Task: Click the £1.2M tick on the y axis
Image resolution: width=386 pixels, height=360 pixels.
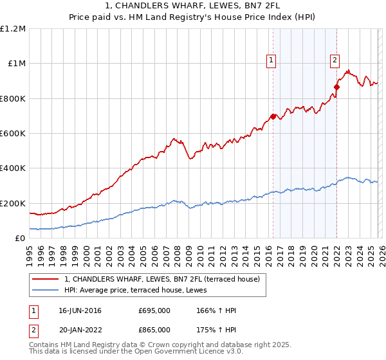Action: [x=13, y=29]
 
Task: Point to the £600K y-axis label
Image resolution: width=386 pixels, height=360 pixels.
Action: [x=13, y=134]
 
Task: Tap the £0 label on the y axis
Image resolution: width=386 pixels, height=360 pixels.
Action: [x=19, y=239]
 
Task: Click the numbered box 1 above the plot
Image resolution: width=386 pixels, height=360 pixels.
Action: [x=271, y=60]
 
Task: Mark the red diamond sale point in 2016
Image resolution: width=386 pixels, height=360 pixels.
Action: [x=273, y=116]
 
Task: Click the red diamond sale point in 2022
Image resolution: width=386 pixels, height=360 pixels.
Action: [x=336, y=87]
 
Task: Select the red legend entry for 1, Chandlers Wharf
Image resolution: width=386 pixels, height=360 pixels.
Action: [x=162, y=279]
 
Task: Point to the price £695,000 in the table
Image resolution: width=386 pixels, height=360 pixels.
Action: [x=154, y=310]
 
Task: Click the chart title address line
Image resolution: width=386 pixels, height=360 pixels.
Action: [x=193, y=7]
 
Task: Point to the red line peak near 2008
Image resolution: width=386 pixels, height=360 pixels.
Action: [x=173, y=138]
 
